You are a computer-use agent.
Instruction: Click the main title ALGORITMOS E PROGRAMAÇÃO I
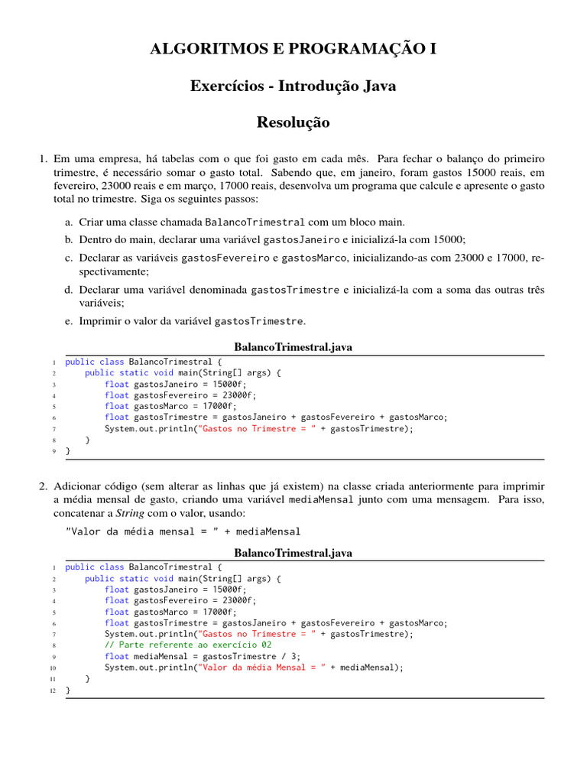tap(293, 50)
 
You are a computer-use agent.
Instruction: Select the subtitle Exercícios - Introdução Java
tap(293, 86)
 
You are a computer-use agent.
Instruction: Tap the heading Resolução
tap(293, 122)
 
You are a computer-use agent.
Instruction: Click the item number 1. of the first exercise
tap(44, 159)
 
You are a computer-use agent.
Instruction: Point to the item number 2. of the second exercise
tap(44, 486)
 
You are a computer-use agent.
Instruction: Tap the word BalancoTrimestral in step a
tap(255, 222)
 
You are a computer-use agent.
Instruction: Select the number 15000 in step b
tap(450, 239)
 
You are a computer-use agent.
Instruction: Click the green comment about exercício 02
tap(189, 645)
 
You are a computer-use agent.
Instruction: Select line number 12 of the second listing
tap(53, 690)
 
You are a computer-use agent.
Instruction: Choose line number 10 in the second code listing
tap(53, 668)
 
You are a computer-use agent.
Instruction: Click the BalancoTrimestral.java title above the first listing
tap(293, 347)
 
